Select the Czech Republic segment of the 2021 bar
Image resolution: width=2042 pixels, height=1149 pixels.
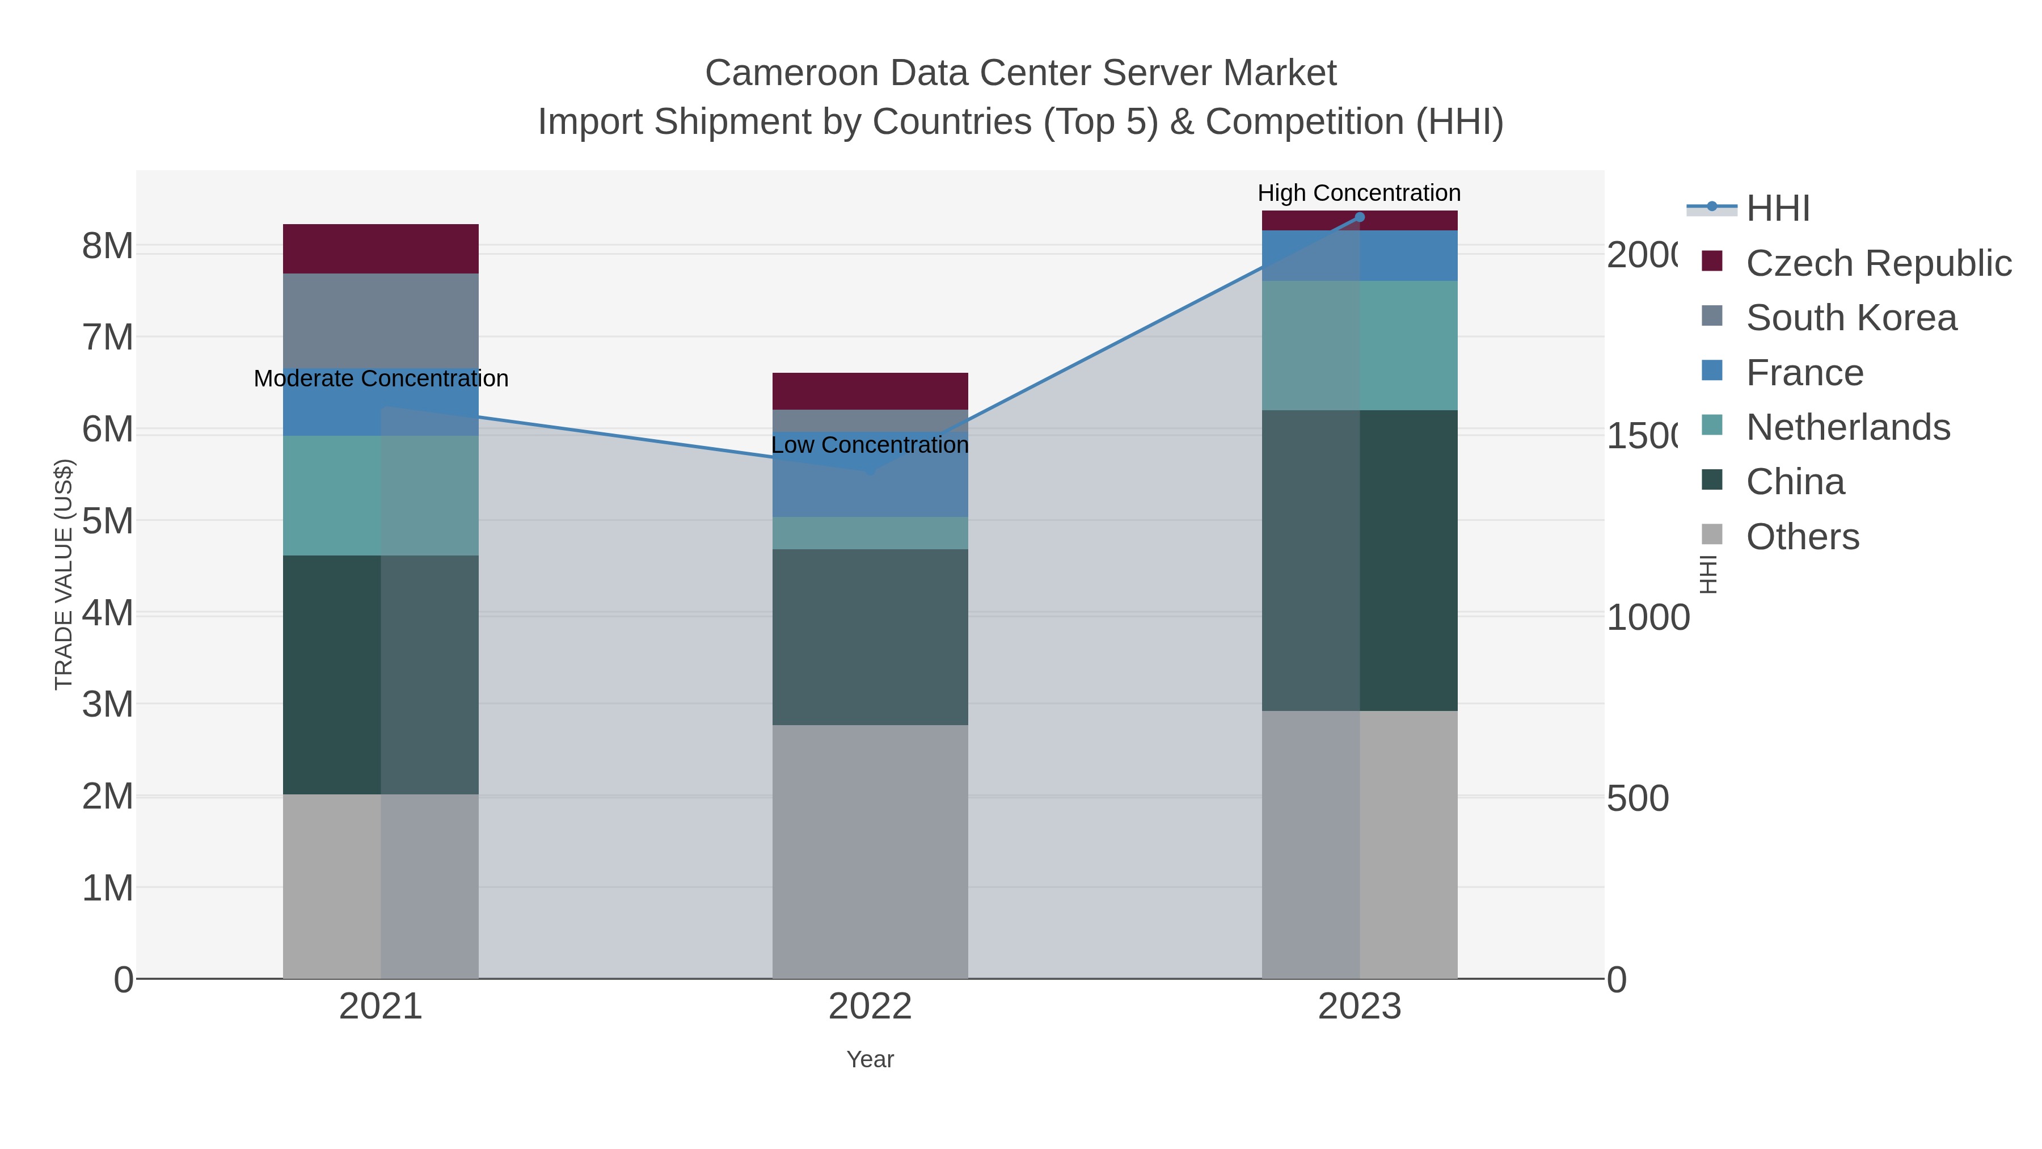(x=381, y=249)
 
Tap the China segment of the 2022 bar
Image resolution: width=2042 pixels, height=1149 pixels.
(x=870, y=637)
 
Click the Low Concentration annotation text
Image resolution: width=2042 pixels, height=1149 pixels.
(x=870, y=445)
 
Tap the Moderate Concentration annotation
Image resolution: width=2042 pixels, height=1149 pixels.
(x=381, y=379)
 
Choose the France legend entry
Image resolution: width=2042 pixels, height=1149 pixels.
(x=1804, y=373)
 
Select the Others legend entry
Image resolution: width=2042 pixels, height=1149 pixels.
(x=1802, y=537)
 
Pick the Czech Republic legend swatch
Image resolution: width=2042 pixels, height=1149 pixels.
(x=1712, y=262)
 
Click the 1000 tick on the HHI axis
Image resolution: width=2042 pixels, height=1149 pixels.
(x=1647, y=618)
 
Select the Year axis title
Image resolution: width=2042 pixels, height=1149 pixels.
(x=870, y=1059)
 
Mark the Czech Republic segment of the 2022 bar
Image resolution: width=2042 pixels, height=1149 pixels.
(x=870, y=391)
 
